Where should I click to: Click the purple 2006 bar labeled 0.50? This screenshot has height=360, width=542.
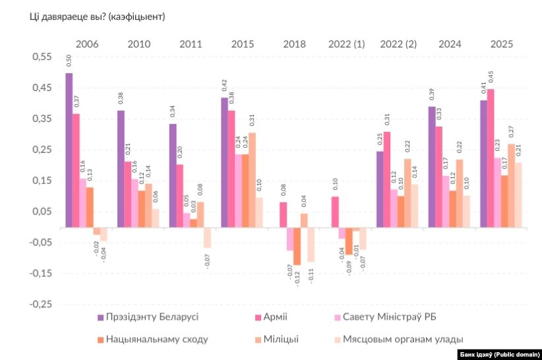click(69, 150)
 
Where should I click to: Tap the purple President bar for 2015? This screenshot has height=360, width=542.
click(224, 162)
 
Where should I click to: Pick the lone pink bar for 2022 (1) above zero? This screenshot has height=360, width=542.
click(335, 212)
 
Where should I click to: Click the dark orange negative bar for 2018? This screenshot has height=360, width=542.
click(297, 246)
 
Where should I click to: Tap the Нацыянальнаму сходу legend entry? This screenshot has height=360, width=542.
click(152, 339)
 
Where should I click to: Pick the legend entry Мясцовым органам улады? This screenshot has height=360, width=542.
click(396, 339)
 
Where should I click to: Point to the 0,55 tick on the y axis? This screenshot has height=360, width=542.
click(42, 57)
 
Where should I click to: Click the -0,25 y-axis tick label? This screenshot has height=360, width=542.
click(40, 304)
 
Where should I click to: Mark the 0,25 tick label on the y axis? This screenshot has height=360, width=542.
click(42, 150)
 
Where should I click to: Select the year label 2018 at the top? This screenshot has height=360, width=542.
click(294, 44)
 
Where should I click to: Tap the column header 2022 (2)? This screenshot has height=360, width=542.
click(398, 44)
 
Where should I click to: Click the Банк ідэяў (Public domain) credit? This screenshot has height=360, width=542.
click(498, 353)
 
